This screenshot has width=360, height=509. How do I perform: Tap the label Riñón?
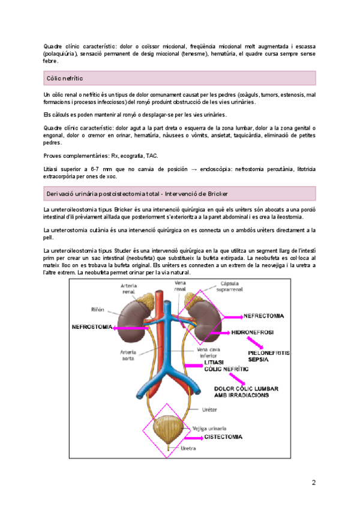[98, 310]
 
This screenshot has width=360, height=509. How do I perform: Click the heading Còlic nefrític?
[65, 79]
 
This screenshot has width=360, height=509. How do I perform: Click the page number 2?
[313, 483]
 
